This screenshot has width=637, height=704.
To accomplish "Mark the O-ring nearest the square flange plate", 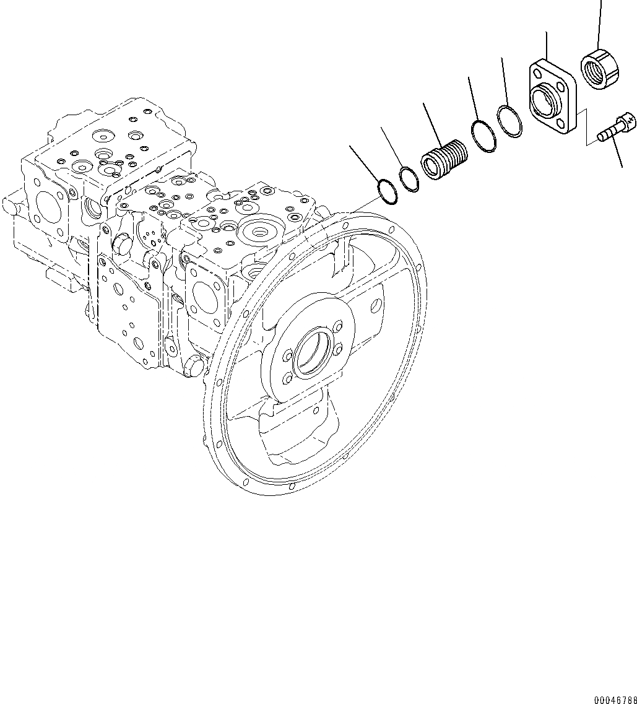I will coord(509,121).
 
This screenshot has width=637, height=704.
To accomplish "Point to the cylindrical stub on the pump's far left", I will coord(11,202).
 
